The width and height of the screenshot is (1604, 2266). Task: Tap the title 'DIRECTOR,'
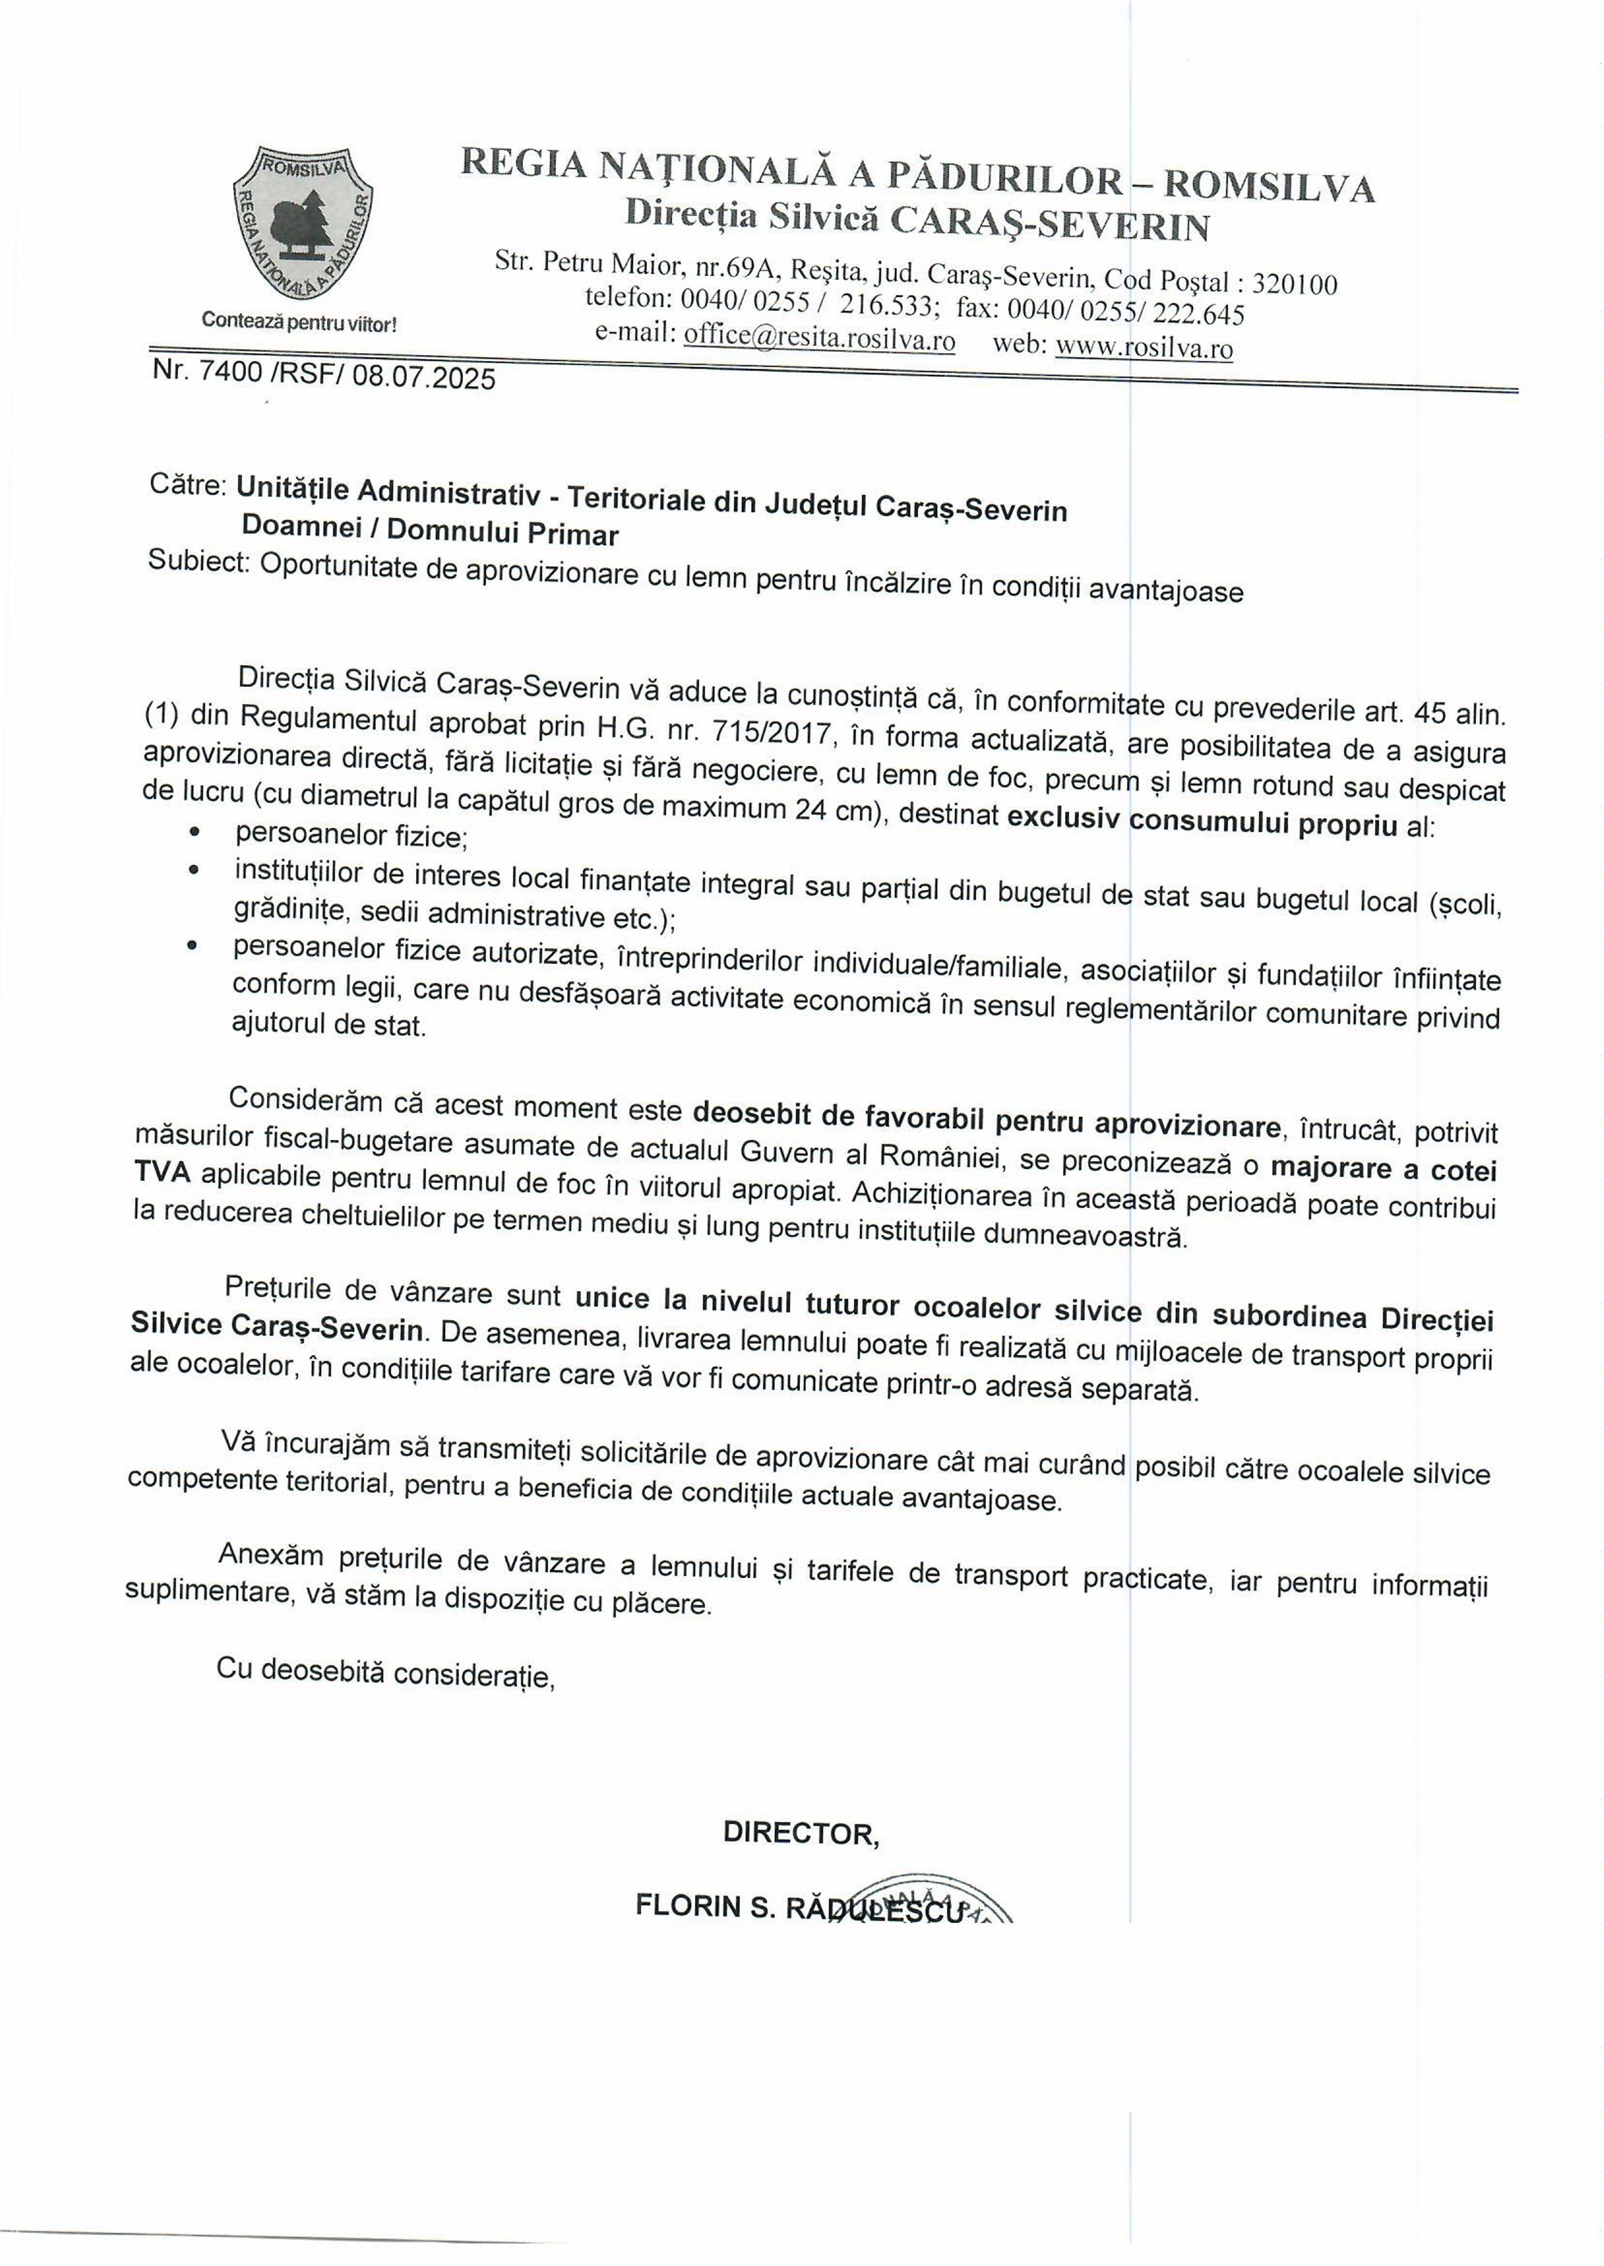(801, 1833)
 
